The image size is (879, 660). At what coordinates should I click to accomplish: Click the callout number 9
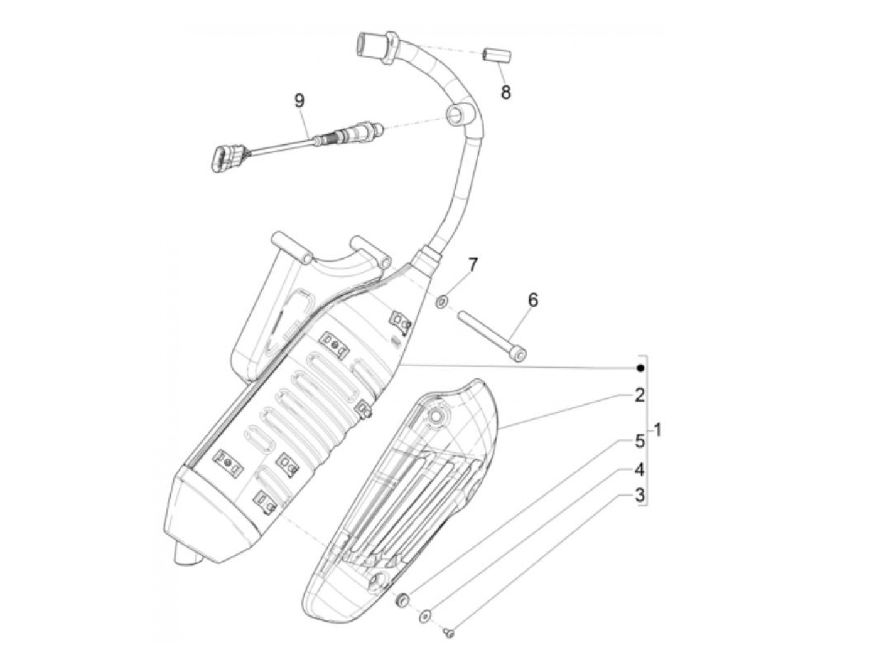pyautogui.click(x=299, y=100)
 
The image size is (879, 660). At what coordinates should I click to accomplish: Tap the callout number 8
pyautogui.click(x=505, y=93)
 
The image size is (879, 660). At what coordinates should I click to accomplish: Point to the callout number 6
pyautogui.click(x=532, y=300)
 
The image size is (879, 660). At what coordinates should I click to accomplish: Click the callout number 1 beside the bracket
pyautogui.click(x=657, y=430)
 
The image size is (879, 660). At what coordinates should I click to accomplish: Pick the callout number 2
pyautogui.click(x=639, y=395)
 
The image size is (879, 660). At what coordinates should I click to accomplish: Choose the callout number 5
pyautogui.click(x=639, y=441)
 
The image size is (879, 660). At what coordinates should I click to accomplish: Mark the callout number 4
pyautogui.click(x=639, y=469)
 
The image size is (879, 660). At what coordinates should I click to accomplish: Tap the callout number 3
pyautogui.click(x=639, y=496)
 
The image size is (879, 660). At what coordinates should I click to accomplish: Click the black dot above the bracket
pyautogui.click(x=640, y=368)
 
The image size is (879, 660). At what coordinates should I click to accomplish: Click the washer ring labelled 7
pyautogui.click(x=441, y=303)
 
